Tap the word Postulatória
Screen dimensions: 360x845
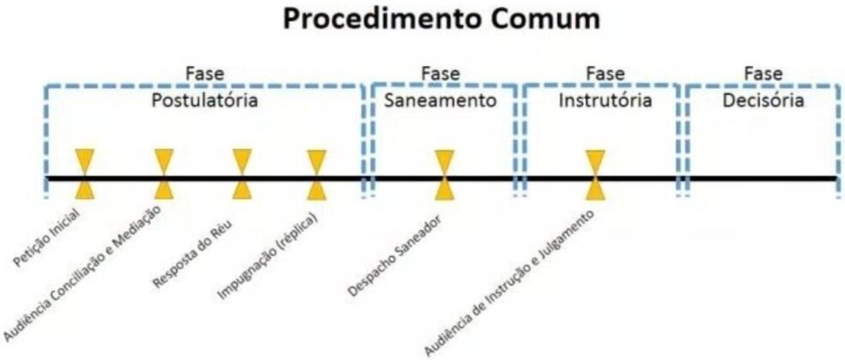(205, 100)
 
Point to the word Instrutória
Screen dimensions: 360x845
(605, 100)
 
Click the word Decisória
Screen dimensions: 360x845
(763, 100)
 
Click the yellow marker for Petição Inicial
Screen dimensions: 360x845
(84, 174)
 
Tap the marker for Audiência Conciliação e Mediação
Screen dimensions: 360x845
(164, 174)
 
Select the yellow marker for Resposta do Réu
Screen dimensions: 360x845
(242, 174)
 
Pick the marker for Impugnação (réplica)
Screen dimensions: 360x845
(317, 174)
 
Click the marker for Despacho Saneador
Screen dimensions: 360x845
(445, 174)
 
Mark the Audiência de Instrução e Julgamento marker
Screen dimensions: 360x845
(595, 174)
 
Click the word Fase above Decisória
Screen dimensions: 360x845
(763, 74)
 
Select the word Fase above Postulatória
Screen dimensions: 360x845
(205, 74)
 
